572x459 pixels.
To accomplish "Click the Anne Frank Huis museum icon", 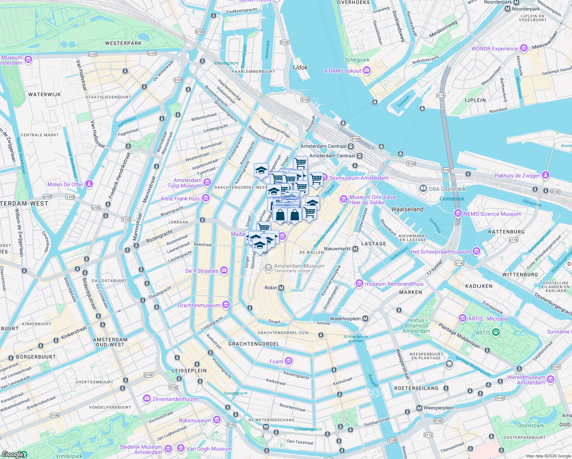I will point(206,198).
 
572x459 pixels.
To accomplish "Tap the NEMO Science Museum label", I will point(492,214).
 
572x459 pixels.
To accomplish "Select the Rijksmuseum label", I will point(195,420).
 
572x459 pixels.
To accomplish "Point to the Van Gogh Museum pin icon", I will point(180,448).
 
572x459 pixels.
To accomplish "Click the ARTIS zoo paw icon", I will point(496,332).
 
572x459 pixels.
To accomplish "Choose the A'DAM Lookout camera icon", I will point(367,70).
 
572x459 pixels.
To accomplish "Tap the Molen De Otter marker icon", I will point(89,184).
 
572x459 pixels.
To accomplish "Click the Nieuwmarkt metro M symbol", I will point(356,249).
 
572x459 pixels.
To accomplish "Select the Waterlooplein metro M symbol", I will point(366,319).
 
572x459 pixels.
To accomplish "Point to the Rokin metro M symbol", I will point(281,288).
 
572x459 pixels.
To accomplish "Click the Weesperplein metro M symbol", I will point(419,408).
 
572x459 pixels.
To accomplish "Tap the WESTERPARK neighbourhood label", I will point(123,43).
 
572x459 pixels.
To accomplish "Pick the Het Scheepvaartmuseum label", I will point(440,252).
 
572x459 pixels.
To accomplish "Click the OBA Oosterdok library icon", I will point(423,188).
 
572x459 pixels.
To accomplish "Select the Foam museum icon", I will point(289,361).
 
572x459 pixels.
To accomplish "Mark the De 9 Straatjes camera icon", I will point(224,270).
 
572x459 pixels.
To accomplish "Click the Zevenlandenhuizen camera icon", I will point(147,399).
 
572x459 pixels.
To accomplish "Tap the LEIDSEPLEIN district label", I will point(189,371).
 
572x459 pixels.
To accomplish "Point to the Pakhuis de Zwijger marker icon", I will point(546,175).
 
